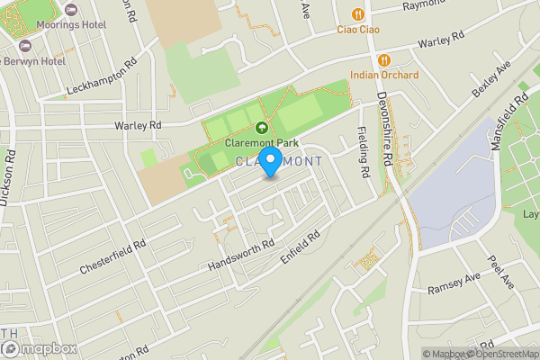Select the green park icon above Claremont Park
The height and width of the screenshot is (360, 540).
point(262,129)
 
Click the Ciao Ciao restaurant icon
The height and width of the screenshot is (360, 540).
point(358,14)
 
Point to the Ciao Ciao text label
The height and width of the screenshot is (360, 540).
point(358,30)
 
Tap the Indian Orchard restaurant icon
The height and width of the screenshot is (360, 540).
point(383,59)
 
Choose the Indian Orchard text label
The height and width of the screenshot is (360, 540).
point(384,75)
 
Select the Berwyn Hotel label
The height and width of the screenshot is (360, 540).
point(33,60)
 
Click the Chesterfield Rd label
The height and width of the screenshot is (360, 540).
point(112,258)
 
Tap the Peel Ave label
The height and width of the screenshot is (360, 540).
point(501,271)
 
